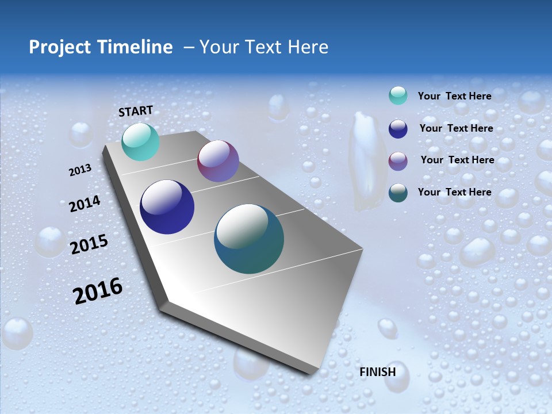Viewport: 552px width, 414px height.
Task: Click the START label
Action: [x=136, y=111]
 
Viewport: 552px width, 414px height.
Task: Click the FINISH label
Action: [x=378, y=372]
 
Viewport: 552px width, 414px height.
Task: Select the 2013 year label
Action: [x=80, y=170]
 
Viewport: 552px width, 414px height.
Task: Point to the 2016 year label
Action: [x=98, y=291]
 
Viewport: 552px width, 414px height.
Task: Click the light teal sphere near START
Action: [x=140, y=141]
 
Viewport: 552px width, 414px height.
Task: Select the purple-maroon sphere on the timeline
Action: [x=218, y=161]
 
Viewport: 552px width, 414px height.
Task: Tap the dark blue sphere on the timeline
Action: [x=167, y=207]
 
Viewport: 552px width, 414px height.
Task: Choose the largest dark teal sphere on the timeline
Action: [x=249, y=239]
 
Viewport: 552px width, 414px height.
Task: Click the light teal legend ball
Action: [x=398, y=95]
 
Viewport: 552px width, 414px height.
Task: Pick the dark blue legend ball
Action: [x=398, y=129]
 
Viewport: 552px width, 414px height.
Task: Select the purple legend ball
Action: [x=398, y=160]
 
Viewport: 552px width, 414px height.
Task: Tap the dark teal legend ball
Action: [x=398, y=193]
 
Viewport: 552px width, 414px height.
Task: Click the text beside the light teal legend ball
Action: [x=454, y=96]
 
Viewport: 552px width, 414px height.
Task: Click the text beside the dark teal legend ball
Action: [x=454, y=192]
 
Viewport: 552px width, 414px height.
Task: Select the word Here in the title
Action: [x=308, y=47]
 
